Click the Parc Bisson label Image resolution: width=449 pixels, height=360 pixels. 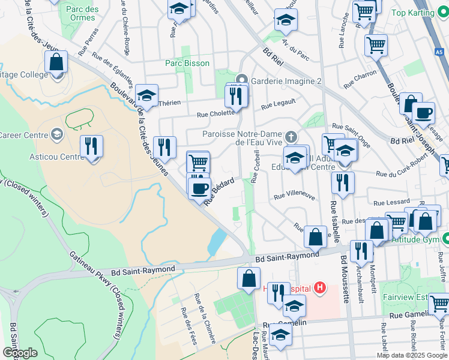click(x=187, y=63)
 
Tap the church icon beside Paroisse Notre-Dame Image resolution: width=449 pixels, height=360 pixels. click(x=291, y=137)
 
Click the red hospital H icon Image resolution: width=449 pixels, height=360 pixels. click(x=321, y=289)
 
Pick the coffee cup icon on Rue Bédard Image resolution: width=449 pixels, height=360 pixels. click(x=200, y=188)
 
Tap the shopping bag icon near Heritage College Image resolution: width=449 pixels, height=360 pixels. click(x=56, y=62)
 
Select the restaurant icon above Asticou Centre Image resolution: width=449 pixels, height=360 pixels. click(x=91, y=146)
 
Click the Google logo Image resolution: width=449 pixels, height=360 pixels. click(x=20, y=352)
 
